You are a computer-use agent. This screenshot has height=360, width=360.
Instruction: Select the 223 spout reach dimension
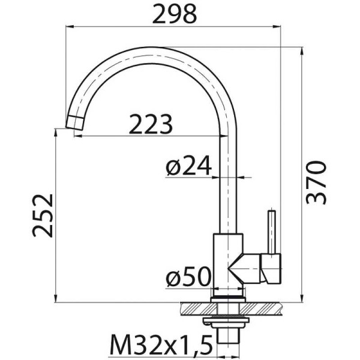tap(151, 124)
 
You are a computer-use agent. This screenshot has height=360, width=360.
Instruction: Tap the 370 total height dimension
tap(316, 182)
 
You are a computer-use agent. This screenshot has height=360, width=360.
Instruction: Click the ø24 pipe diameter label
tap(188, 166)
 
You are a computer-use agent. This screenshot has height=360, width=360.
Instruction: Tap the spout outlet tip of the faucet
tap(76, 124)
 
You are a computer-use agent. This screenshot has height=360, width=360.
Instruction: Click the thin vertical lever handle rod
tap(272, 231)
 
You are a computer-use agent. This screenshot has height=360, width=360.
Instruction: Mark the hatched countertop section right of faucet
tap(267, 307)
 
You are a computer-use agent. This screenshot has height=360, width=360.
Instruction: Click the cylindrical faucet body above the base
tap(229, 258)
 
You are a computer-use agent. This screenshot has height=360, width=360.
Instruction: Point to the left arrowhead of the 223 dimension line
tap(77, 136)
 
